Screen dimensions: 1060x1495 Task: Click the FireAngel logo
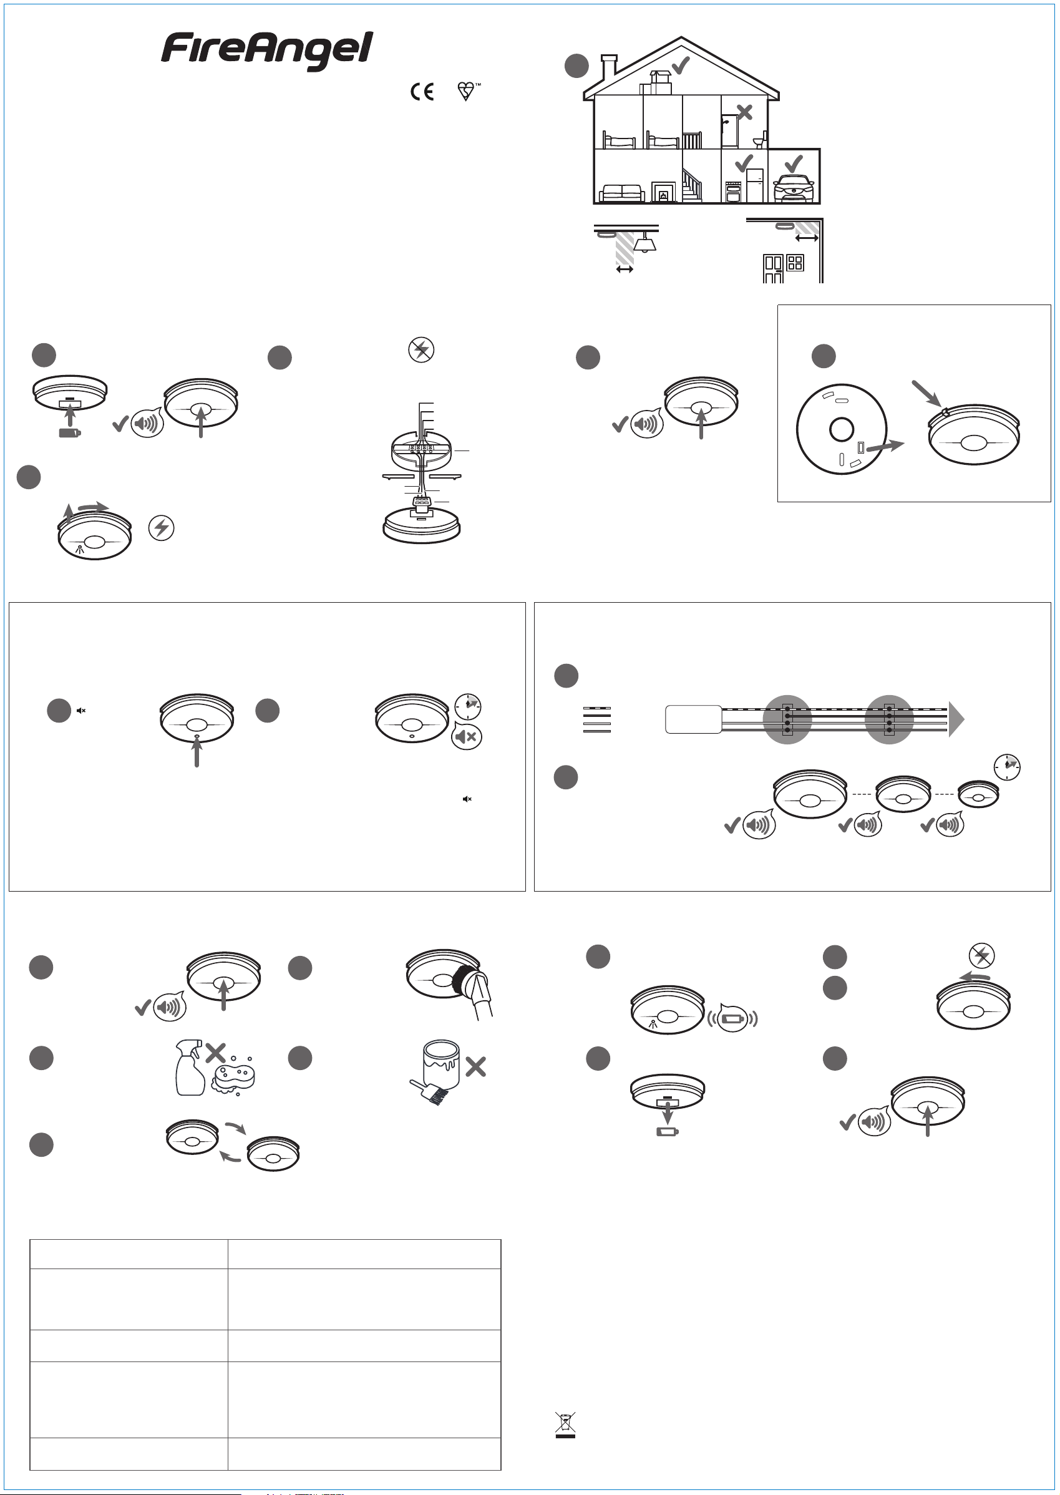[x=267, y=51]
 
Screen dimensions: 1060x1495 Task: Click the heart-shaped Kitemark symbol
[x=467, y=91]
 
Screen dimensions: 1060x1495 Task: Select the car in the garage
[x=793, y=188]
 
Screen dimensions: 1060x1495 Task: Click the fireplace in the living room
[x=663, y=192]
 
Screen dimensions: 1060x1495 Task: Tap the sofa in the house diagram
[x=623, y=193]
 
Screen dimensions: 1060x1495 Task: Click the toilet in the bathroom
[x=759, y=141]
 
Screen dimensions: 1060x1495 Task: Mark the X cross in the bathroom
[x=744, y=112]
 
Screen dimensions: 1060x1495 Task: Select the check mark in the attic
[x=681, y=66]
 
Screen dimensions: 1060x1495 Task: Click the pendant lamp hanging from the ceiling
[x=645, y=242]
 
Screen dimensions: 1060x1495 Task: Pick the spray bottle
[x=190, y=1068]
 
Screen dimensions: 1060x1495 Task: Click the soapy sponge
[x=232, y=1078]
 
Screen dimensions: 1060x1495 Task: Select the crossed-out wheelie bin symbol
[x=565, y=1425]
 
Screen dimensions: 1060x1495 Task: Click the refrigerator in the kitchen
[x=754, y=185]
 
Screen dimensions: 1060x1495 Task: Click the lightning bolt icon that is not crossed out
[x=161, y=527]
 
